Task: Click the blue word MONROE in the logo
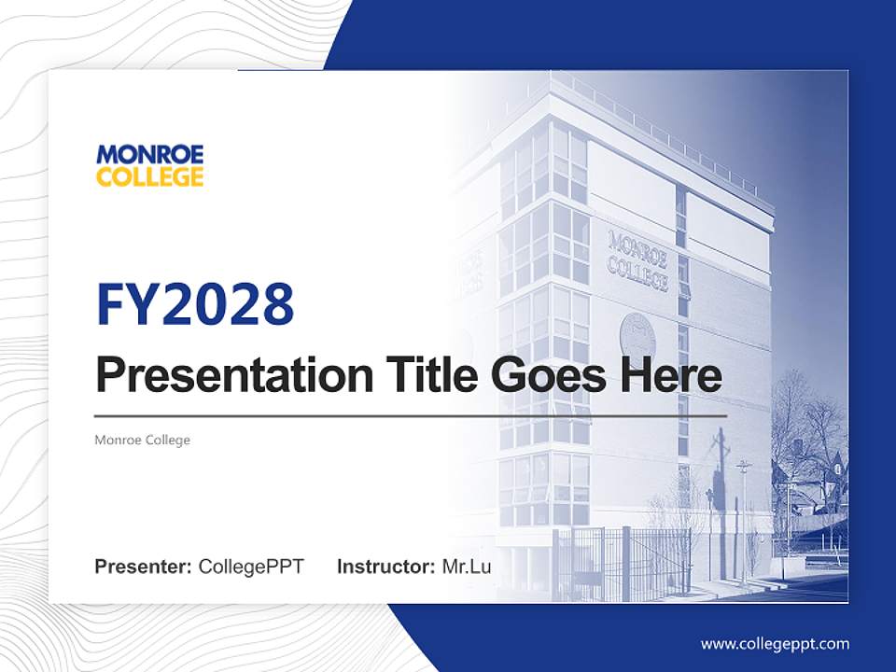click(x=149, y=154)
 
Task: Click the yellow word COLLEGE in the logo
click(x=149, y=176)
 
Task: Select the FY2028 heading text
click(x=195, y=304)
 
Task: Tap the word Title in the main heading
click(x=417, y=375)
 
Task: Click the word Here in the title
click(x=670, y=375)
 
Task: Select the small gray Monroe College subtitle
click(x=142, y=440)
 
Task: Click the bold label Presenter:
click(x=144, y=567)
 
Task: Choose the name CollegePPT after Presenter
click(x=251, y=567)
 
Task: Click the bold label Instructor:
click(x=385, y=567)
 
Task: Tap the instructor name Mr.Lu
click(x=467, y=567)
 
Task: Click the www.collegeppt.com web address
click(x=775, y=644)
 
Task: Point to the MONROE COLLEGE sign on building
click(x=638, y=260)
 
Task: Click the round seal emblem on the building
click(x=637, y=334)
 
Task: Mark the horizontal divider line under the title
click(x=411, y=415)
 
